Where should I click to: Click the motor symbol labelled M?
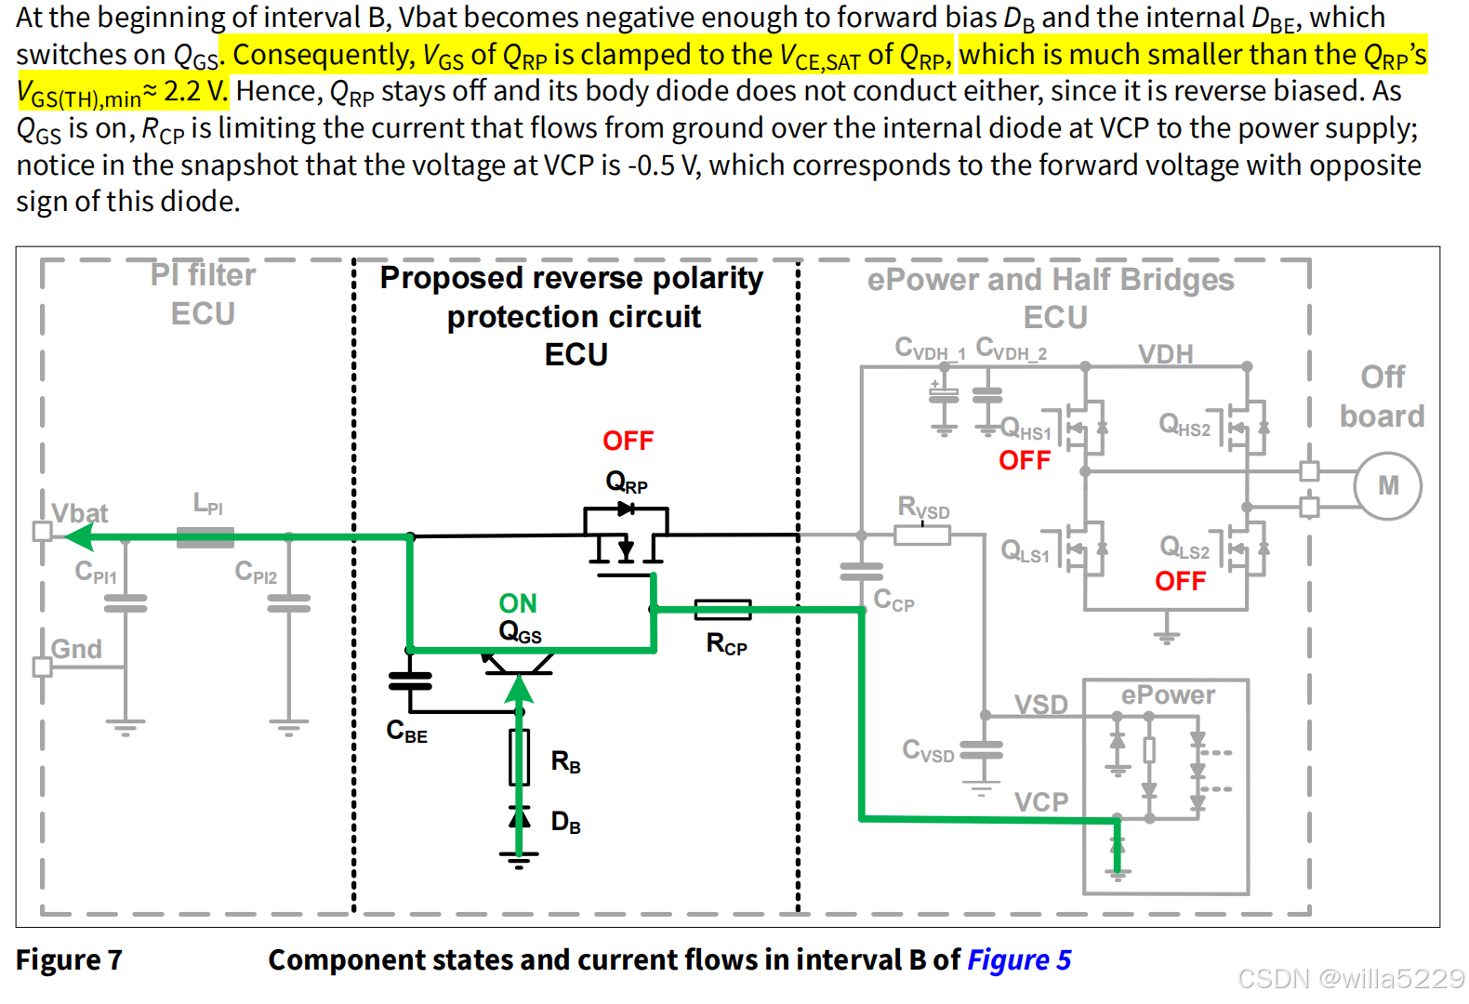point(1387,485)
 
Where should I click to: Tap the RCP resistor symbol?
point(722,610)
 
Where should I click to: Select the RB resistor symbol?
point(520,758)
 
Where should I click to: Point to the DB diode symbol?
point(520,818)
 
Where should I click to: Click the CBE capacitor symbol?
point(410,681)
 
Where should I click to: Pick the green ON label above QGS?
point(518,603)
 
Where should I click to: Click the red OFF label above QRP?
point(628,441)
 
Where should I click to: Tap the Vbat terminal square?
point(42,532)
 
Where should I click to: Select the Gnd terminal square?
point(42,667)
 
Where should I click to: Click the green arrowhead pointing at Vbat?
point(79,536)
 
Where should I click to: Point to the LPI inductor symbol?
point(205,536)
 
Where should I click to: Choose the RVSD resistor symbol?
point(921,535)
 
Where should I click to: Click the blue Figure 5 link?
point(1019,959)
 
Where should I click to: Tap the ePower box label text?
point(1167,695)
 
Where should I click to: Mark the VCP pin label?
point(1040,801)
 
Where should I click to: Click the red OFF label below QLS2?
point(1180,581)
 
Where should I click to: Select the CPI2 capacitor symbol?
point(289,604)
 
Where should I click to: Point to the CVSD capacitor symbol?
point(981,749)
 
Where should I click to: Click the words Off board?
point(1382,396)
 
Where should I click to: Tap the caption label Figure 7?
point(69,959)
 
